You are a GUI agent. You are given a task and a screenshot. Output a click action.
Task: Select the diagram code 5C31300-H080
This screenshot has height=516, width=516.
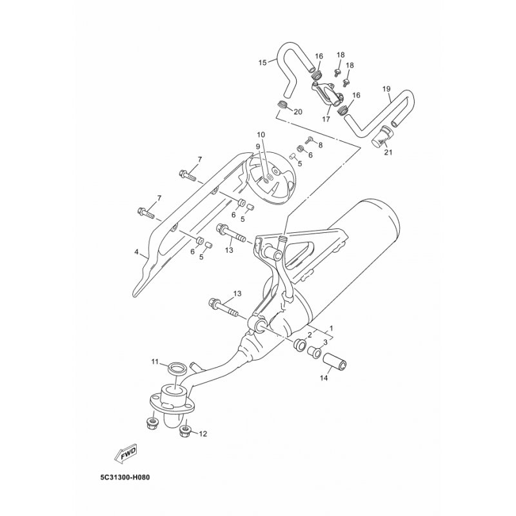click(x=125, y=477)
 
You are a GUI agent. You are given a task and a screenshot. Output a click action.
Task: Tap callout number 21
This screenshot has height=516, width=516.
click(x=388, y=152)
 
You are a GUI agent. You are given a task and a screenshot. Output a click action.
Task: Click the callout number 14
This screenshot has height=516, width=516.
click(x=324, y=378)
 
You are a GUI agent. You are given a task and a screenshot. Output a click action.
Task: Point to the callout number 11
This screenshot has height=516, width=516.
click(x=155, y=362)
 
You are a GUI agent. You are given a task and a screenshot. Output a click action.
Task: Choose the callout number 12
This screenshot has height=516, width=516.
click(x=203, y=434)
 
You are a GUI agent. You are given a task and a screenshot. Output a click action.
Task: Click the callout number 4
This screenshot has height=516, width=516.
click(x=136, y=252)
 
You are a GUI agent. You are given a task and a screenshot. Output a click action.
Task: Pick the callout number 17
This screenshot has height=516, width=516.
click(x=326, y=119)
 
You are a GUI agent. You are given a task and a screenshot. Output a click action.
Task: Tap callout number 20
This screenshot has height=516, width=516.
click(x=298, y=112)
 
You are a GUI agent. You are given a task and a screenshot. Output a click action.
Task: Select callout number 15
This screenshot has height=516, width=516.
click(x=263, y=63)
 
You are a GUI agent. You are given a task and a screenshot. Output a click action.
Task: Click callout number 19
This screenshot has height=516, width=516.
click(x=386, y=89)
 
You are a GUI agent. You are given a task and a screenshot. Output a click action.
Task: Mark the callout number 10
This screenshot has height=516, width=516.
click(x=261, y=135)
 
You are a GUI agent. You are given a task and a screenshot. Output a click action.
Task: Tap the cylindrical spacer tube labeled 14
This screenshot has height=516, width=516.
click(x=334, y=361)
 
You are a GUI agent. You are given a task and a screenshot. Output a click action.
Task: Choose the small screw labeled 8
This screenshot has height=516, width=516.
click(x=310, y=140)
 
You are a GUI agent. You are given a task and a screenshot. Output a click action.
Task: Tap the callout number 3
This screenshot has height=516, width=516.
click(x=325, y=342)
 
